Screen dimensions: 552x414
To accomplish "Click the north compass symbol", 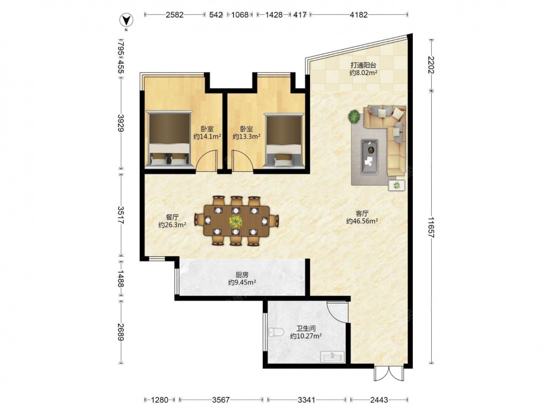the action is pyautogui.click(x=126, y=20).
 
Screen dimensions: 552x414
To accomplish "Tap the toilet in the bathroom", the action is pyautogui.click(x=276, y=332).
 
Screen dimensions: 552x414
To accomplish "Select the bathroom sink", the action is pyautogui.click(x=332, y=357).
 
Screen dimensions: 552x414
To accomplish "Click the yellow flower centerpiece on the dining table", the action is pyautogui.click(x=235, y=221).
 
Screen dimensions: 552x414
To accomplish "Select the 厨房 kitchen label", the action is pyautogui.click(x=242, y=275).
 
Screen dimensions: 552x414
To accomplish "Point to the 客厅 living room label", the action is pyautogui.click(x=362, y=214).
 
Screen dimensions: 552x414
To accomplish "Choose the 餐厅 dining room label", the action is pyautogui.click(x=172, y=217).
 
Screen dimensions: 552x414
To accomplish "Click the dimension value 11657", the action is pyautogui.click(x=431, y=227).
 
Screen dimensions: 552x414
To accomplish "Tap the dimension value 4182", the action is pyautogui.click(x=359, y=15).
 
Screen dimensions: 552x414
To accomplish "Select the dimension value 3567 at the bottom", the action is pyautogui.click(x=221, y=400).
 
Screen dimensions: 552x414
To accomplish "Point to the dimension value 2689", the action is pyautogui.click(x=121, y=332).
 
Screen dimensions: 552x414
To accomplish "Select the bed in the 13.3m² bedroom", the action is pyautogui.click(x=284, y=140).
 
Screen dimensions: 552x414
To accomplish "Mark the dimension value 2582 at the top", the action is pyautogui.click(x=174, y=15).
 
